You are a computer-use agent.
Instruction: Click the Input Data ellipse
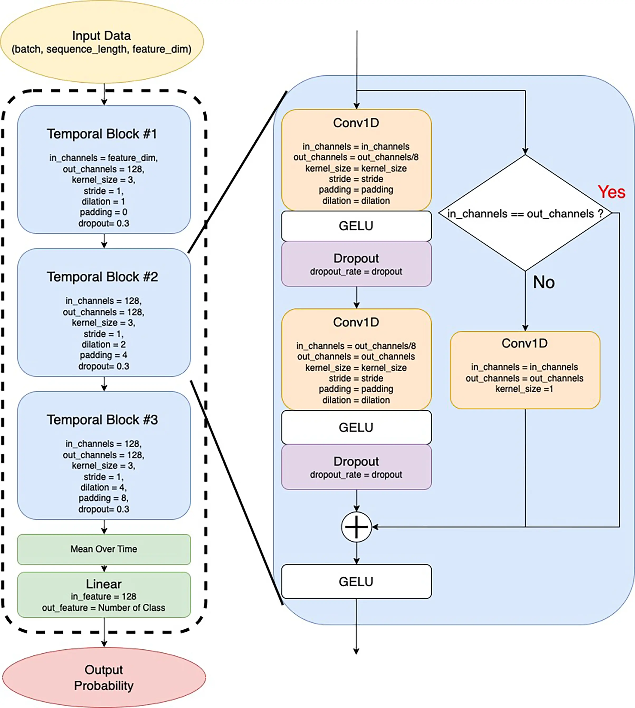[x=102, y=42]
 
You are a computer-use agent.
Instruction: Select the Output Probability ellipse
[x=104, y=677]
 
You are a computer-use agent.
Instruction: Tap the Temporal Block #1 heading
[x=102, y=134]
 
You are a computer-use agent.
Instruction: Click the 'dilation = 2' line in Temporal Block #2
[x=104, y=344]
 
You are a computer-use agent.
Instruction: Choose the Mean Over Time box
[x=104, y=549]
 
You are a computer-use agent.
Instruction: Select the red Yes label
[x=611, y=192]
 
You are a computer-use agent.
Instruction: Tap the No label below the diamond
[x=543, y=282]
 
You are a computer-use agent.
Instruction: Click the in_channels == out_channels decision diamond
[x=525, y=213]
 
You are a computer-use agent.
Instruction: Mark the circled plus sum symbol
[x=356, y=527]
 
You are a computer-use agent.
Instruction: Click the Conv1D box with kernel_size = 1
[x=525, y=370]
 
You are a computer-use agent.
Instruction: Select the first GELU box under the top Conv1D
[x=356, y=226]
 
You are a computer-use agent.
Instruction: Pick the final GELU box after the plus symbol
[x=356, y=581]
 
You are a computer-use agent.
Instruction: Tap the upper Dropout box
[x=356, y=264]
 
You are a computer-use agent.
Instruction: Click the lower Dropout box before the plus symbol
[x=356, y=467]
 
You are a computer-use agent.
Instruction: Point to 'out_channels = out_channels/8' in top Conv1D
[x=356, y=157]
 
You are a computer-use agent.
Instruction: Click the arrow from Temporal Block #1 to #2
[x=104, y=241]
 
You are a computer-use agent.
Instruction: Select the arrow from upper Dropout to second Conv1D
[x=356, y=297]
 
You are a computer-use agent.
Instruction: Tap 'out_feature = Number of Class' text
[x=104, y=607]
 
